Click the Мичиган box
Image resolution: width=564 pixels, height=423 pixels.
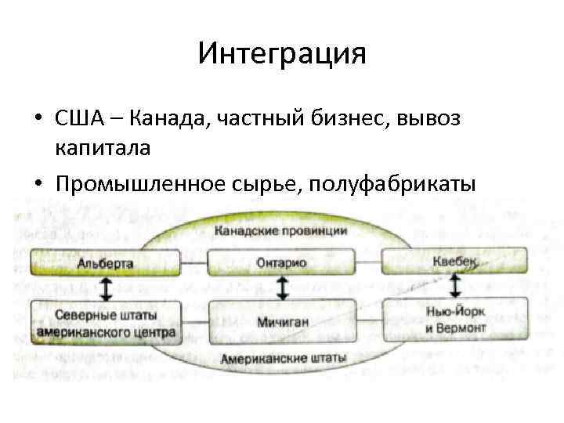[x=283, y=320]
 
